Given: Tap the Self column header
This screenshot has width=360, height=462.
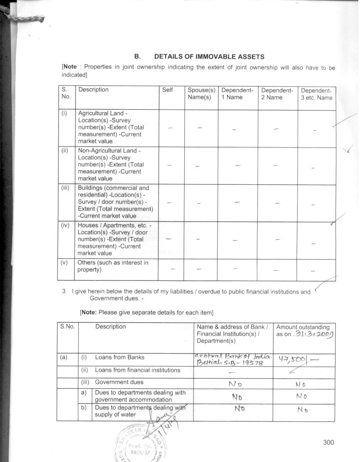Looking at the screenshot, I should tap(168, 90).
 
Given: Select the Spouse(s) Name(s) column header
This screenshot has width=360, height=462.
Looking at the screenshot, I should tap(201, 94).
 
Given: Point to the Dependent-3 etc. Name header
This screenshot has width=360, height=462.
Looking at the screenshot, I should tap(317, 94).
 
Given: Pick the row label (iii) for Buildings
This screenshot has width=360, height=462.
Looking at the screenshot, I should tap(65, 188).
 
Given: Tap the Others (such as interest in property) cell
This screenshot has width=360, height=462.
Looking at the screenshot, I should tap(113, 266).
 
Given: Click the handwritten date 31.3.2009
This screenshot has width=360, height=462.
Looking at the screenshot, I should tap(315, 334).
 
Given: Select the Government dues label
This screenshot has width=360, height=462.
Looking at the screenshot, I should tap(119, 382).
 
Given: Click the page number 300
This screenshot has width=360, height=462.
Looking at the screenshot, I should tap(328, 442).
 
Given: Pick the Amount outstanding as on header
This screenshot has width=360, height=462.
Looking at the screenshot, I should tap(303, 330).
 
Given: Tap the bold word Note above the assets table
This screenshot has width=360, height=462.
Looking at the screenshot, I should tap(70, 68).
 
